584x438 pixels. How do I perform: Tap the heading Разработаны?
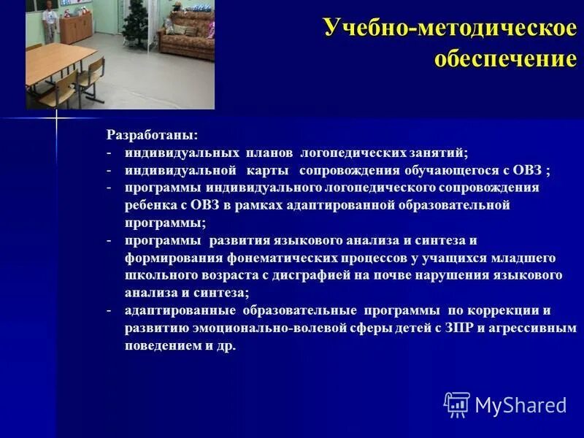(151, 136)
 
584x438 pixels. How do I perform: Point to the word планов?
(269, 153)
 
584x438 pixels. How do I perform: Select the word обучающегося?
(451, 171)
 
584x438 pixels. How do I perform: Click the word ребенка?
(148, 206)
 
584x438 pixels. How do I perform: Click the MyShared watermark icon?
(457, 404)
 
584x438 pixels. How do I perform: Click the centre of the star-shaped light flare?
(55, 118)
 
